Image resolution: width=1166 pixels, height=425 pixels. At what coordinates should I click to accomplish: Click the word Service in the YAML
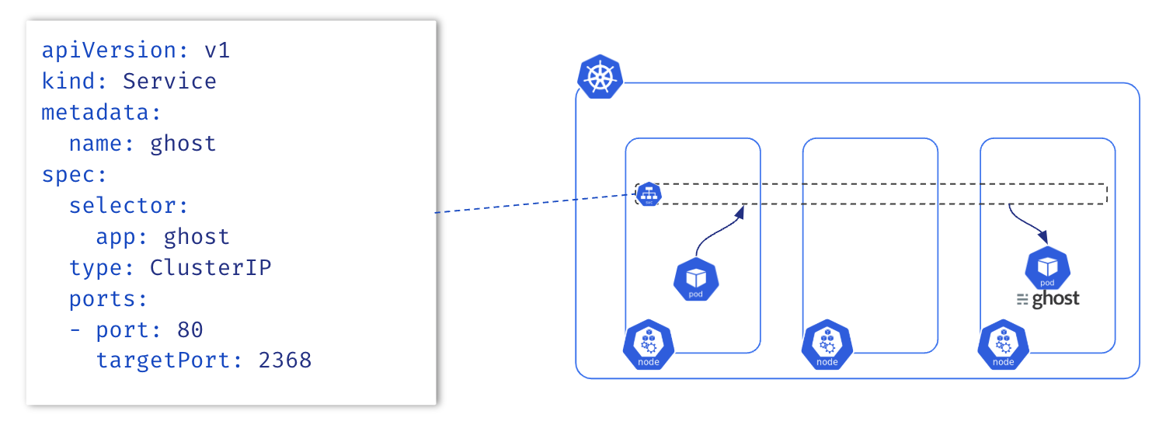point(169,82)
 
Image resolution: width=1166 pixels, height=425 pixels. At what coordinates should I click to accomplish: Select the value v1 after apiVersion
point(217,51)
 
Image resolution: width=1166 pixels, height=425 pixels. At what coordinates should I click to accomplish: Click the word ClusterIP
point(211,268)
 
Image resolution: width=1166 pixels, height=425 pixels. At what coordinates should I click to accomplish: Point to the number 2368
point(284,361)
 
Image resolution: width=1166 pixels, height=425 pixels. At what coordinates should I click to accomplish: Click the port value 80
point(190,330)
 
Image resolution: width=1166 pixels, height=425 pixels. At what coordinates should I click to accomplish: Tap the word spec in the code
point(68,175)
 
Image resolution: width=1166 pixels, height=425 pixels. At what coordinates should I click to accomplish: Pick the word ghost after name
point(183,144)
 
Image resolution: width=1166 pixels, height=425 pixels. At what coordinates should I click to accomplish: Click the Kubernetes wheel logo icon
point(600,77)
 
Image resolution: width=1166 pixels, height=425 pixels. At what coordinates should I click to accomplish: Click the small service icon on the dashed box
point(648,193)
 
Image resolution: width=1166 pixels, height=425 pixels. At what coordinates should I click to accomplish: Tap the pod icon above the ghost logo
point(1047,269)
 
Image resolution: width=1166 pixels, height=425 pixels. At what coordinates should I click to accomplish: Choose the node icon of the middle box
point(827,344)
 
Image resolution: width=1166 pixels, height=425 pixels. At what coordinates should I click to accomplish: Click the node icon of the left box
point(648,344)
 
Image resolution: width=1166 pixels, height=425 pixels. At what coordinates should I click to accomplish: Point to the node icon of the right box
point(1003,344)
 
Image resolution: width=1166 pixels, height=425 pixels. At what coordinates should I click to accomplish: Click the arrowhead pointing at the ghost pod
point(1043,237)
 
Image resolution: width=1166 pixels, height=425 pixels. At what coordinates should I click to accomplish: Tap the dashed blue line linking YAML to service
point(536,203)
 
